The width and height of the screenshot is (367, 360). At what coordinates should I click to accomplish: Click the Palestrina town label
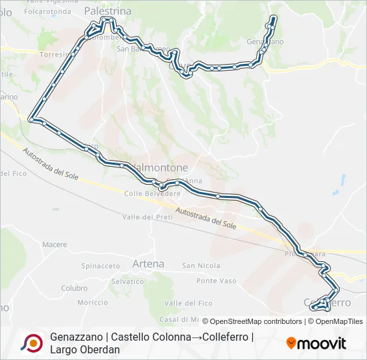tap(107, 11)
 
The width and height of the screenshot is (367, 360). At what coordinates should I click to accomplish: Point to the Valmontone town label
tap(161, 167)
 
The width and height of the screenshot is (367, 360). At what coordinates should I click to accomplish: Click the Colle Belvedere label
tap(153, 193)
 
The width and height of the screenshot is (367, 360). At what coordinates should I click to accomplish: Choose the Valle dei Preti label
tap(147, 217)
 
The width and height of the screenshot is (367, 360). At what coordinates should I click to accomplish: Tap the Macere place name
tap(55, 245)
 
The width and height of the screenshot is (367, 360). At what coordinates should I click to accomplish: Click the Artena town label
tap(148, 264)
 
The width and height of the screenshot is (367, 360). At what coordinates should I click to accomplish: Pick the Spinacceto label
tap(100, 265)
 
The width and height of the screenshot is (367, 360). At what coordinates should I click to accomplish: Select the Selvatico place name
tap(127, 281)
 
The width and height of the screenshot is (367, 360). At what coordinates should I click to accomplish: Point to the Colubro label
tap(74, 288)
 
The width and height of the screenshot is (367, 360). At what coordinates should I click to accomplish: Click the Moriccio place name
tap(92, 303)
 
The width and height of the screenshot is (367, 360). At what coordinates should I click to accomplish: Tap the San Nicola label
tap(201, 265)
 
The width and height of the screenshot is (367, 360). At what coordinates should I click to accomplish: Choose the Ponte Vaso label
tap(216, 281)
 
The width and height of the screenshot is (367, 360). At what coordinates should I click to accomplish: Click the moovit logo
tap(316, 343)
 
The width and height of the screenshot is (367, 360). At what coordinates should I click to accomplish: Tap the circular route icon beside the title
tap(31, 343)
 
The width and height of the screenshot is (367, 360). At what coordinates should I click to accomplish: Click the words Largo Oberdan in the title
tap(85, 349)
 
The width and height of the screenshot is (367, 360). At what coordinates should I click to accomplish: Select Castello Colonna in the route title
tap(150, 337)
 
